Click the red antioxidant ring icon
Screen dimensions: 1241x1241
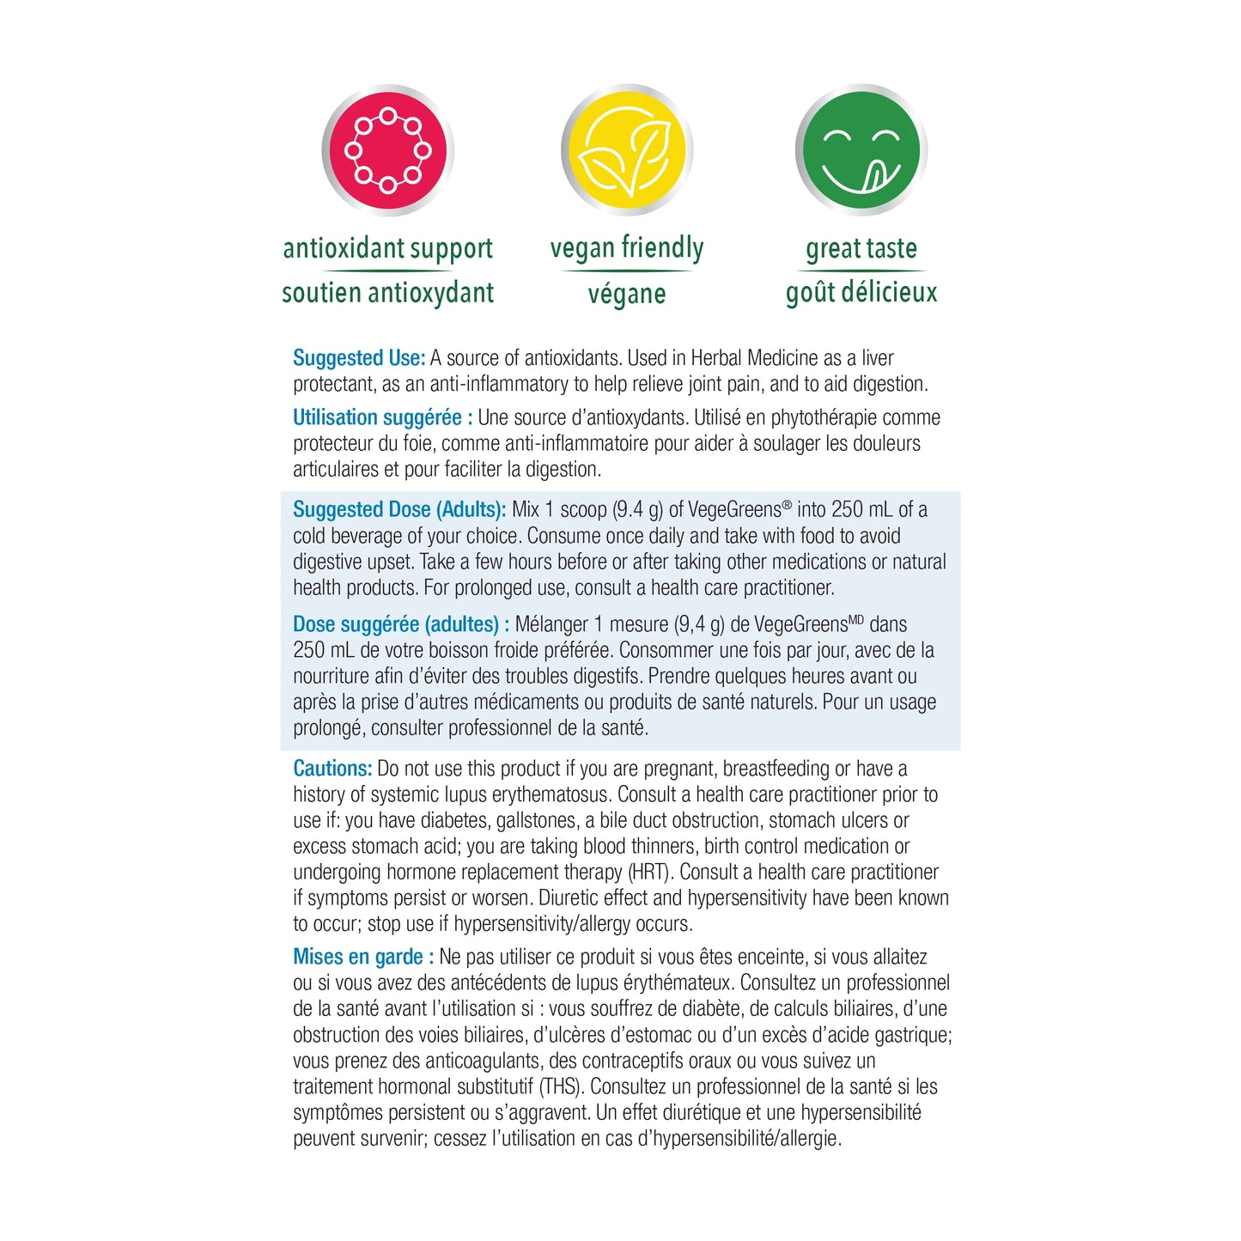(387, 150)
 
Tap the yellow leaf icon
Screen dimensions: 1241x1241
(626, 150)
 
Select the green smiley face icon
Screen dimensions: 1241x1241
(861, 150)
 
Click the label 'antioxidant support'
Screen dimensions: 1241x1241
(387, 248)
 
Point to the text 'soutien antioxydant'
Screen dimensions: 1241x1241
(387, 293)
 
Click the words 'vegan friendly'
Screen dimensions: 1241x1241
(626, 248)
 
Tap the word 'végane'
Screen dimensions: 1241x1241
(626, 294)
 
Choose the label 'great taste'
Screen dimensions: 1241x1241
(861, 248)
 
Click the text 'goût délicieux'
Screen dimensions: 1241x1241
(861, 293)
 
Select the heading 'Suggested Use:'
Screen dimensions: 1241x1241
(359, 358)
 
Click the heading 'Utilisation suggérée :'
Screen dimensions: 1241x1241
(382, 418)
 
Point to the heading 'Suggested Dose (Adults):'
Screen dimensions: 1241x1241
(399, 509)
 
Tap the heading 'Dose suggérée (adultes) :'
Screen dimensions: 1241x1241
(401, 624)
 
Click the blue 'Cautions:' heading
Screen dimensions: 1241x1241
(332, 769)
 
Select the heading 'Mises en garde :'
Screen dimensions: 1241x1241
(363, 957)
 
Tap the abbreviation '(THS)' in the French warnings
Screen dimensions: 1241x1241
(562, 1087)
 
